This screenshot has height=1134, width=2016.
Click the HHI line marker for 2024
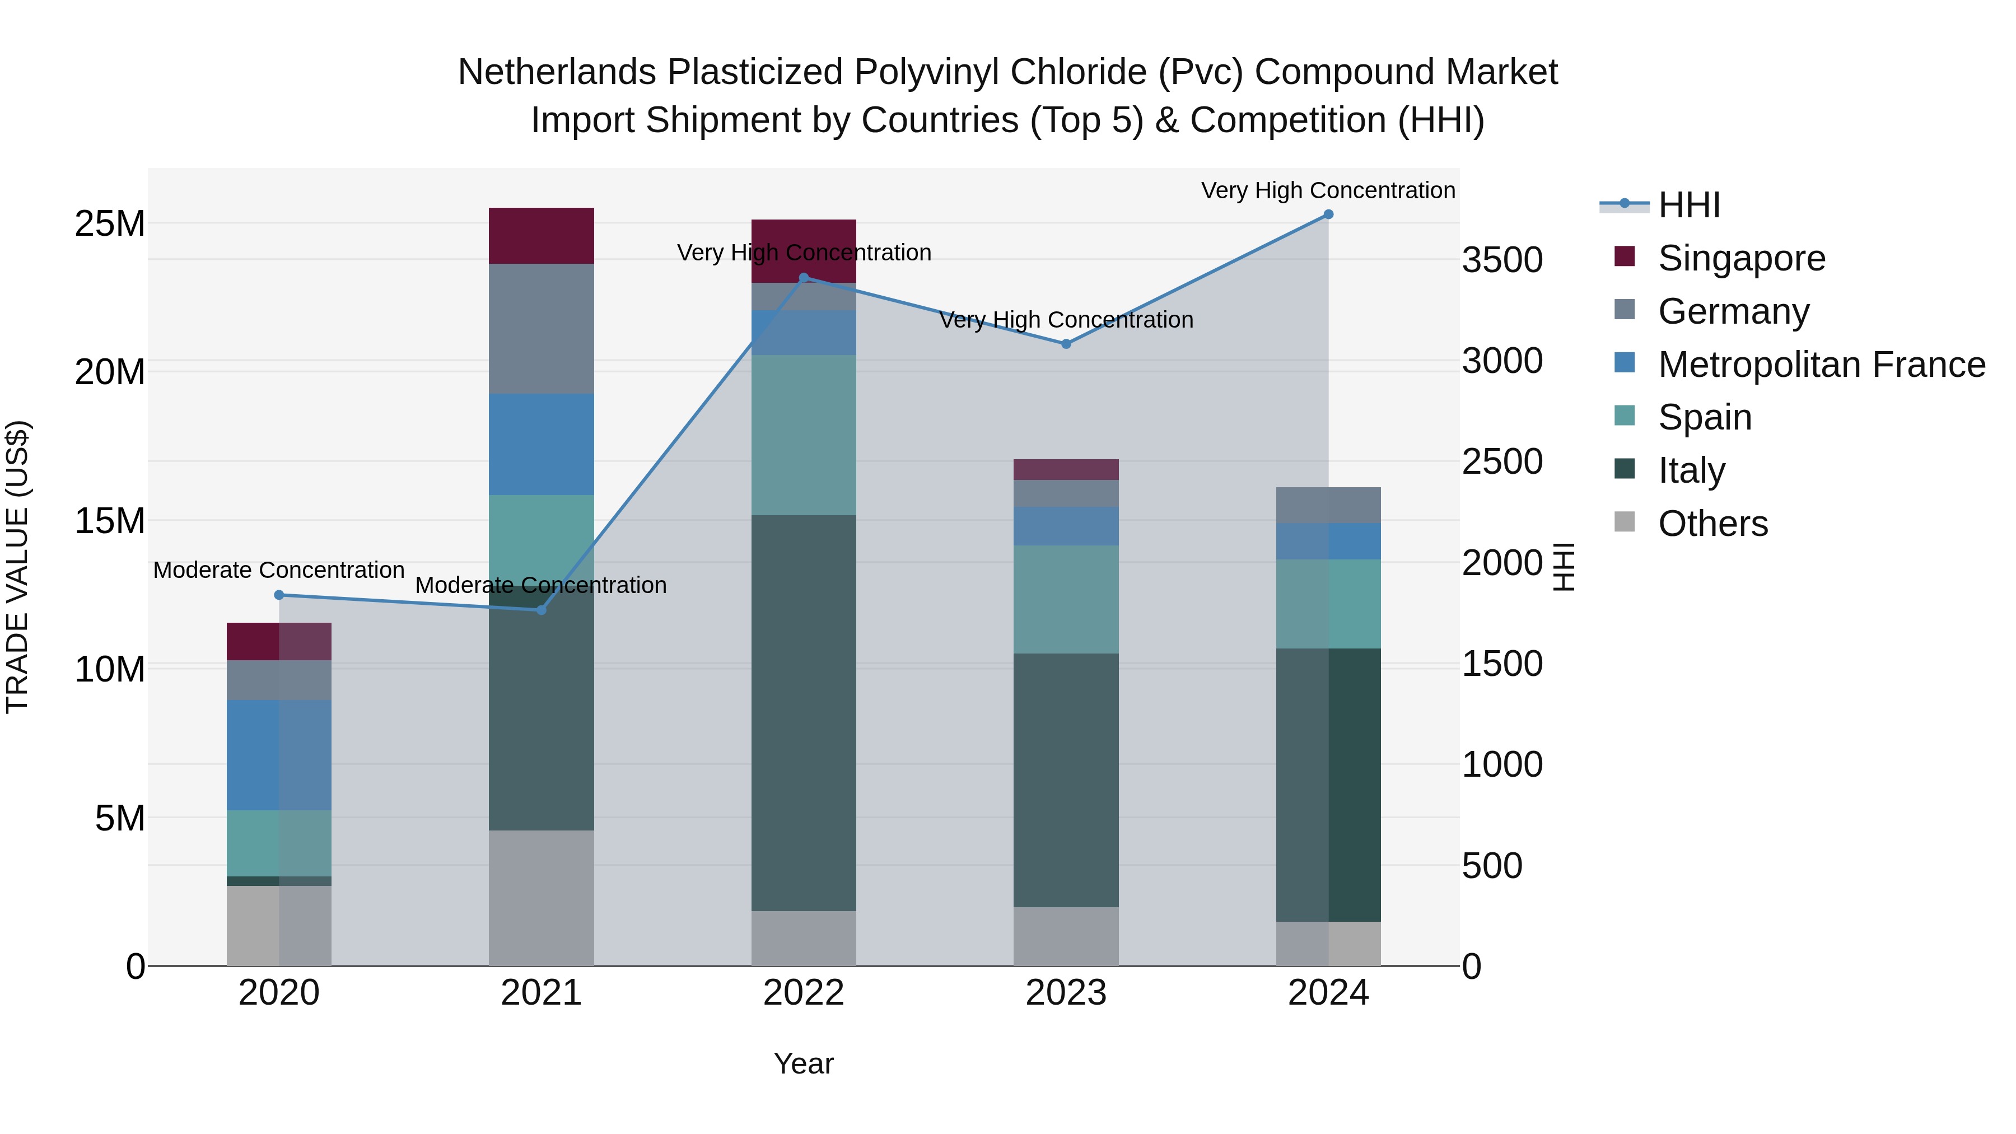(x=1328, y=214)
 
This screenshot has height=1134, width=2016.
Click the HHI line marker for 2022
(x=804, y=278)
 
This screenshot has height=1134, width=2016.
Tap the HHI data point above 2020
(x=279, y=595)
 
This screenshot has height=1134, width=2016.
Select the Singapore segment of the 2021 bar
(x=542, y=236)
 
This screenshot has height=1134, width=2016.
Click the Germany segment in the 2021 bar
(x=542, y=329)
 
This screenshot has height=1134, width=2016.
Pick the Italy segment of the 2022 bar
(x=804, y=712)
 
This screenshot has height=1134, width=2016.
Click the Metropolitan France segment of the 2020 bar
(x=279, y=755)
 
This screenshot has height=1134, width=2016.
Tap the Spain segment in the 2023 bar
(x=1066, y=599)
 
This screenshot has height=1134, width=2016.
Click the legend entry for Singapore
(x=1741, y=258)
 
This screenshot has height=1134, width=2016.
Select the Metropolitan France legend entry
(x=1821, y=365)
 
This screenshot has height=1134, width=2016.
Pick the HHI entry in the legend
(x=1689, y=205)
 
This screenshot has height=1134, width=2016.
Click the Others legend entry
(x=1712, y=524)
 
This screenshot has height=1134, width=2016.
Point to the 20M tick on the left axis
(x=110, y=372)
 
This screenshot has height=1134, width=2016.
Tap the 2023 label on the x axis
(x=1066, y=993)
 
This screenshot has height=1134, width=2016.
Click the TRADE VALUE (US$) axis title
(x=17, y=567)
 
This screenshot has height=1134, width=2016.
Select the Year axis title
(x=804, y=1063)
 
